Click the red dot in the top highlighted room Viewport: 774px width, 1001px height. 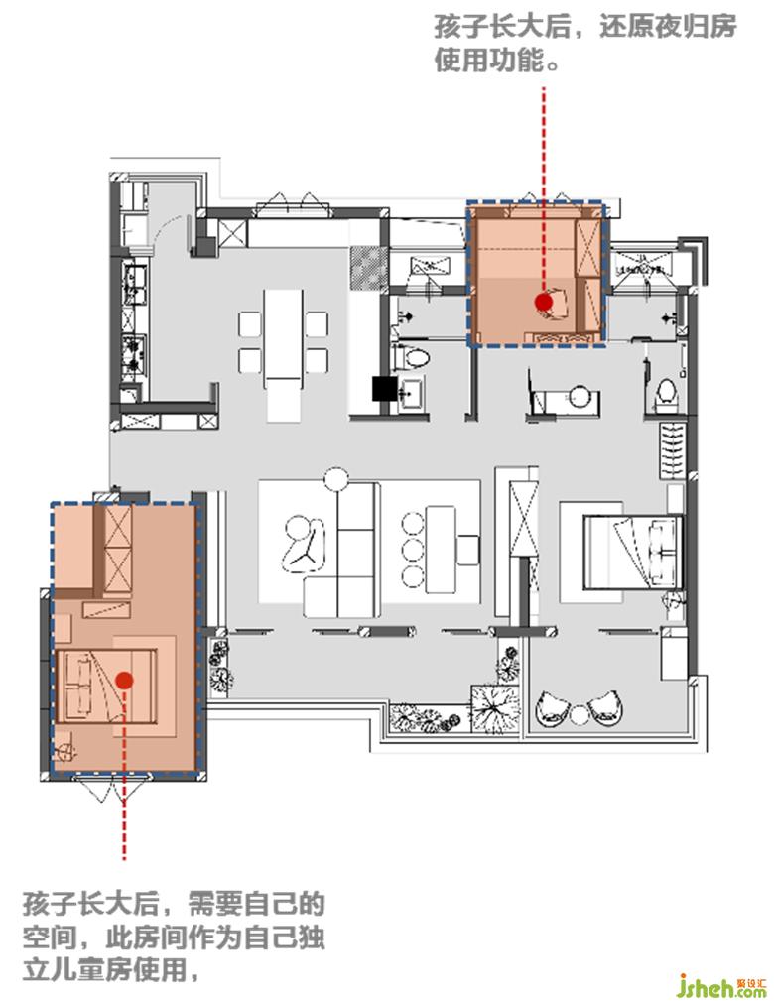pyautogui.click(x=544, y=302)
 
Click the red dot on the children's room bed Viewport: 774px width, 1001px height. pyautogui.click(x=124, y=681)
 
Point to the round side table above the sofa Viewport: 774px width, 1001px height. pyautogui.click(x=336, y=479)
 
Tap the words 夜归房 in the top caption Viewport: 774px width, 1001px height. pyautogui.click(x=693, y=27)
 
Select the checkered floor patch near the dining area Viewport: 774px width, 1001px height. pyautogui.click(x=368, y=267)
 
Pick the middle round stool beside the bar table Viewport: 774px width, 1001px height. pyautogui.click(x=413, y=550)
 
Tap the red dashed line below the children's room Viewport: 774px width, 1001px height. pyautogui.click(x=124, y=774)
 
